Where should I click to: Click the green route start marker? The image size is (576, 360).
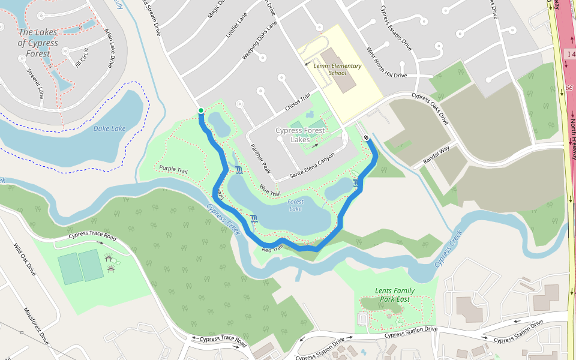click(200, 110)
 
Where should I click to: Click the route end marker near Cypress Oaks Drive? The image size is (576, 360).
click(365, 138)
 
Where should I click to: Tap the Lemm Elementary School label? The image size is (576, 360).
click(338, 69)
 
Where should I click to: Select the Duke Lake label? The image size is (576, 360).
click(109, 128)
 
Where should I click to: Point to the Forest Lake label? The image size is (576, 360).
click(295, 205)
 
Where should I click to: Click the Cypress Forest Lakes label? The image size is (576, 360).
click(301, 135)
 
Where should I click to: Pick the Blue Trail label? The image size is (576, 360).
click(270, 190)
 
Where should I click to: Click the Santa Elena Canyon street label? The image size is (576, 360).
click(312, 166)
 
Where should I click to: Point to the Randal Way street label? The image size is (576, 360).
click(436, 156)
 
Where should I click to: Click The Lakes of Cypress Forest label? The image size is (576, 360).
click(38, 43)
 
